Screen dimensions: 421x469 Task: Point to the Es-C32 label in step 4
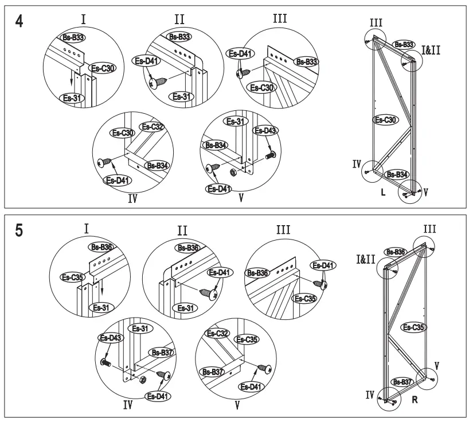153,126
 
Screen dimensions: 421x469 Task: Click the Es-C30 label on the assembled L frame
385,119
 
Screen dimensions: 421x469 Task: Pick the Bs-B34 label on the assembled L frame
396,174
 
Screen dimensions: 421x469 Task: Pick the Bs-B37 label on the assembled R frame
403,381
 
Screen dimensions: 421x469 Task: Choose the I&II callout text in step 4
431,51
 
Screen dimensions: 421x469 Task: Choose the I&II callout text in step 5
365,259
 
